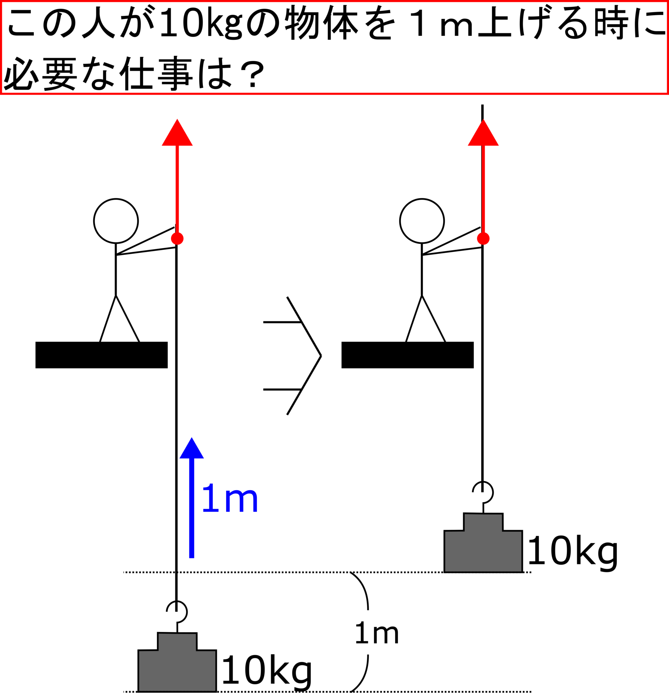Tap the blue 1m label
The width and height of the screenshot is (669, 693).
[x=230, y=497]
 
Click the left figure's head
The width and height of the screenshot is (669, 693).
[x=116, y=221]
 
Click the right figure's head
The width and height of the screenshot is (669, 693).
[x=422, y=221]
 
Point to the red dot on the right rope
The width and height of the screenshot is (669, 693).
[x=483, y=239]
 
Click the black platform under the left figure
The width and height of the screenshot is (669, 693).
[x=101, y=355]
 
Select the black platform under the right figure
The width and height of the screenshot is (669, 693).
[x=408, y=355]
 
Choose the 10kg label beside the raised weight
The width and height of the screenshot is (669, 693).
[x=573, y=552]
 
